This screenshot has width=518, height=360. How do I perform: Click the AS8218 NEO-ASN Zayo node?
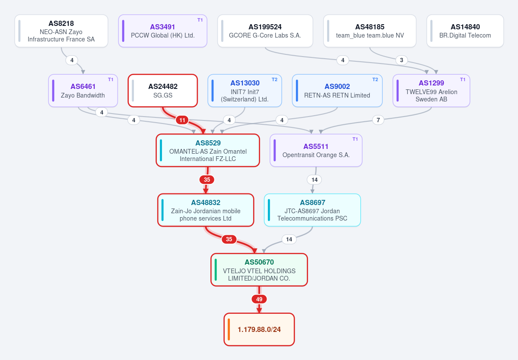61,31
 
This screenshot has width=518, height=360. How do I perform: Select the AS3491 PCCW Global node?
162,31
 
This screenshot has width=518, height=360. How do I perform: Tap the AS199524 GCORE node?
265,31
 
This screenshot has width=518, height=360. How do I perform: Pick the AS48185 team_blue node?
370,31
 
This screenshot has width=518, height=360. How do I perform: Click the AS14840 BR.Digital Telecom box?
465,31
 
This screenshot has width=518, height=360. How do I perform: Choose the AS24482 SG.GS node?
163,91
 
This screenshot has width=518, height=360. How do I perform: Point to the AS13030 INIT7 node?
245,91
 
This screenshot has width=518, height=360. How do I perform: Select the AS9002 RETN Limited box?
337,91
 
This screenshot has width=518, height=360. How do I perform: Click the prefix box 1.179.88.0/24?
259,329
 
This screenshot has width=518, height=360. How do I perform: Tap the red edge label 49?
259,299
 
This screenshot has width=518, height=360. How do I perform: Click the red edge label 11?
182,120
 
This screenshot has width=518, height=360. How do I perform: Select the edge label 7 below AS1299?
378,120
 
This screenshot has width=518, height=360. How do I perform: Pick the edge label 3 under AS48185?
401,60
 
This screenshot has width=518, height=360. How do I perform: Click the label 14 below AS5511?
314,180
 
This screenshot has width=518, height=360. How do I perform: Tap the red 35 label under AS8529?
207,180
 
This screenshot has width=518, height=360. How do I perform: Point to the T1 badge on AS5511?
355,139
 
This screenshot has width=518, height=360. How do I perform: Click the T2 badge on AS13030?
274,79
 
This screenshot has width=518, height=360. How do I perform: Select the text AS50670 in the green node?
259,262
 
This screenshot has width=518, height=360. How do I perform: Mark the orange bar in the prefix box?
229,329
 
